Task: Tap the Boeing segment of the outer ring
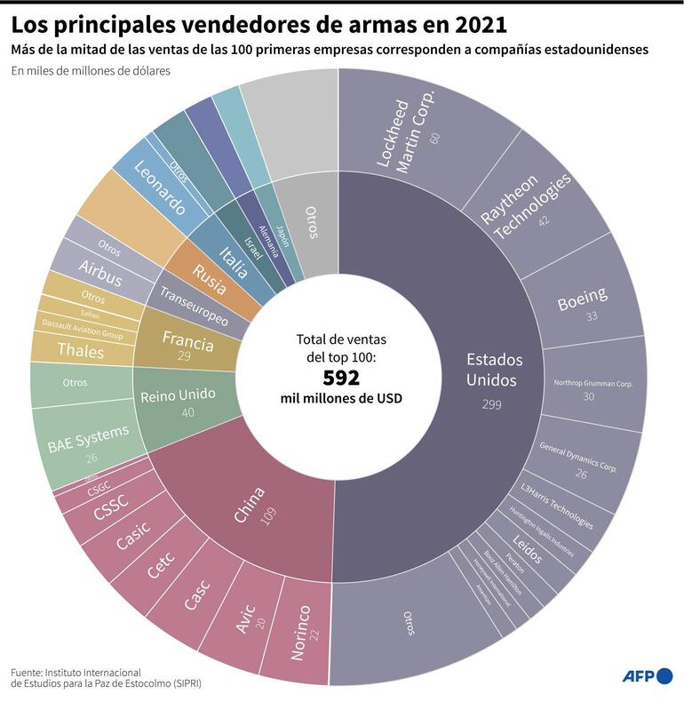point(583,302)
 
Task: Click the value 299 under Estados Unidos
point(492,404)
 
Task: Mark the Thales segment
point(81,349)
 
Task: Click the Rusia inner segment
point(210,276)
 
